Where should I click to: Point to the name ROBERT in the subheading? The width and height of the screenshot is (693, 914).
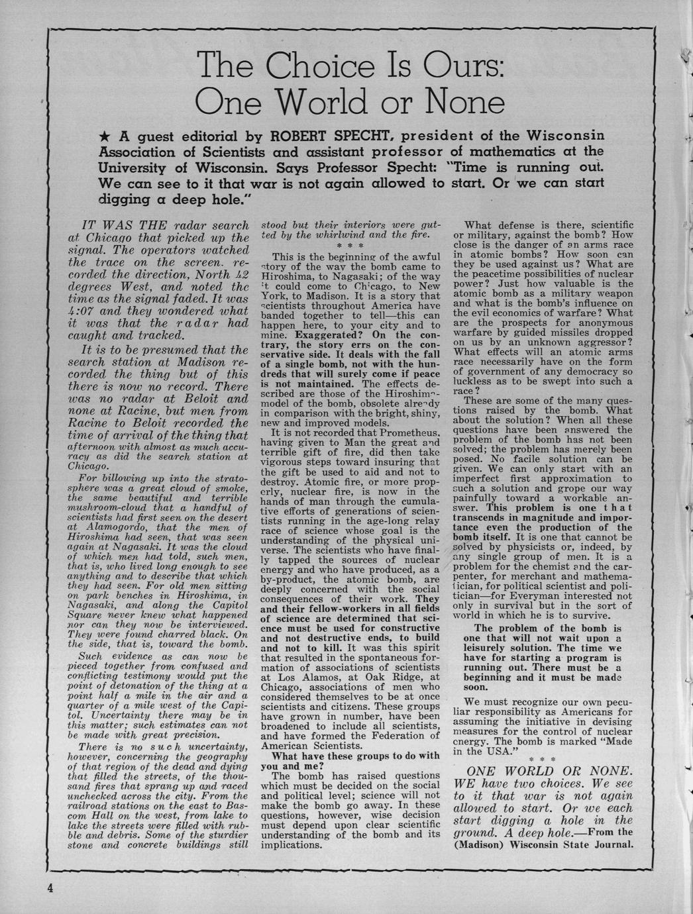coord(293,137)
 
